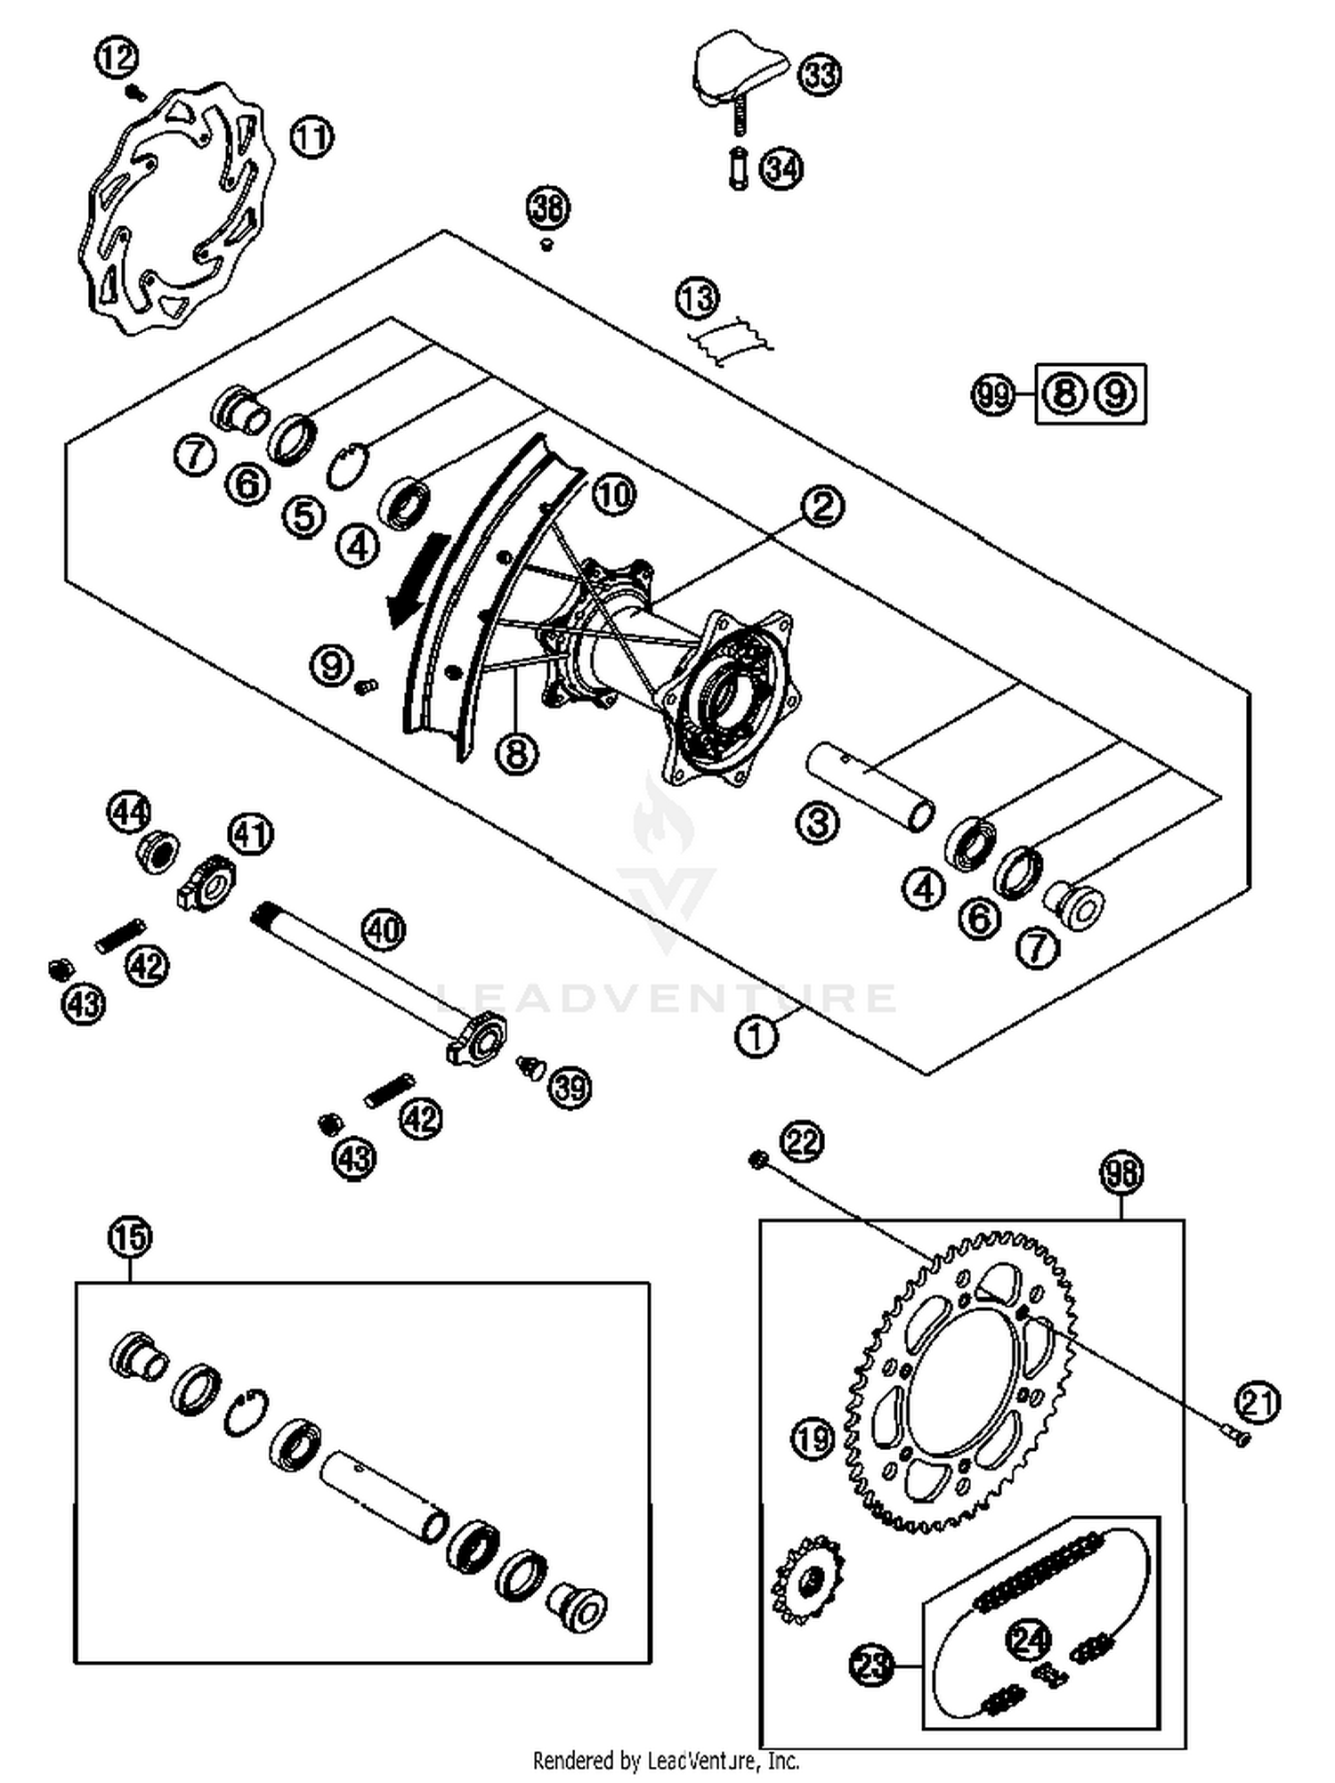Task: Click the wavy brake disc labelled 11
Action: (142, 267)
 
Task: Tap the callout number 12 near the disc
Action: (117, 59)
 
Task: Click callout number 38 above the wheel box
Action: (547, 207)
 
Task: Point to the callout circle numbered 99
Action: (992, 393)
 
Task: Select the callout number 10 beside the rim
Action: (613, 494)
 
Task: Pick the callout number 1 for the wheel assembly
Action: (756, 1036)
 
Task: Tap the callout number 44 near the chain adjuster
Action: (130, 812)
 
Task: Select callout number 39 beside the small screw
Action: (570, 1087)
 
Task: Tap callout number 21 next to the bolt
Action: (1258, 1403)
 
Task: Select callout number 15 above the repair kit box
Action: (130, 1236)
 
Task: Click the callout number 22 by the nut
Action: (802, 1141)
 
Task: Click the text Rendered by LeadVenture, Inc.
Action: (666, 1760)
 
